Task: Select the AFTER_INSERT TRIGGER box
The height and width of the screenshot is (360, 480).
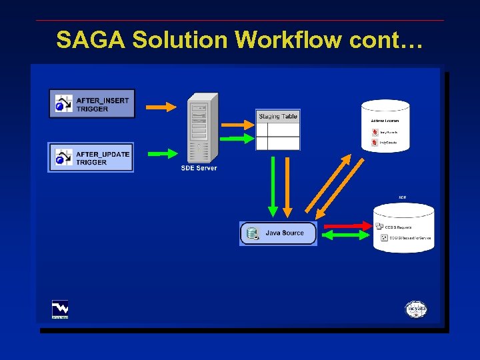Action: click(92, 104)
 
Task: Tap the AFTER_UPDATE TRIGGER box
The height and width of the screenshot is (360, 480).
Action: click(91, 157)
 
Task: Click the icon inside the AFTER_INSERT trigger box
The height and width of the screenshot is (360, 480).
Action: click(63, 104)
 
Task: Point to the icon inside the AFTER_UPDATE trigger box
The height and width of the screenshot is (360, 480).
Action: click(63, 157)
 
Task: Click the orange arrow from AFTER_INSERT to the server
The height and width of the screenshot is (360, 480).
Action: click(161, 106)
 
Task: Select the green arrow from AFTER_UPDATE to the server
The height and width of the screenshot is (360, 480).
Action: click(161, 153)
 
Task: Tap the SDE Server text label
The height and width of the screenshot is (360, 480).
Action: click(199, 168)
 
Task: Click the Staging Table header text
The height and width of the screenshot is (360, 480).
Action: click(278, 117)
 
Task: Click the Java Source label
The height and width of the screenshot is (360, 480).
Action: click(285, 233)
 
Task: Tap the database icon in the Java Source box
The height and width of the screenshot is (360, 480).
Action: click(253, 233)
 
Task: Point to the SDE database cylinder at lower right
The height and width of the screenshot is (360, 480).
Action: click(403, 228)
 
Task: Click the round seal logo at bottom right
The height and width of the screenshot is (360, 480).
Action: click(416, 309)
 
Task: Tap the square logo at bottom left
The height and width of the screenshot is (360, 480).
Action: click(60, 309)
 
